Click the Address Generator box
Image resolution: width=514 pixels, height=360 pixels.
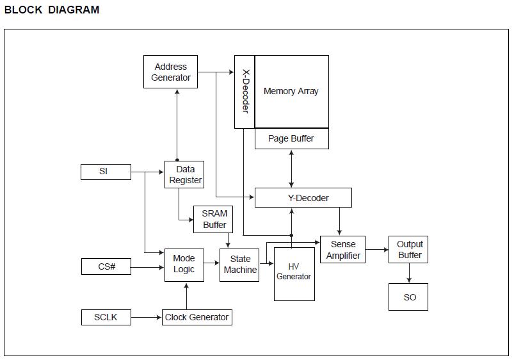click(x=170, y=72)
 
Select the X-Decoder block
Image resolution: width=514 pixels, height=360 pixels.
click(x=245, y=92)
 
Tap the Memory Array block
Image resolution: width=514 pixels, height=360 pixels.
click(x=291, y=92)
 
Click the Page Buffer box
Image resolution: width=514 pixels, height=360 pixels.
click(x=291, y=139)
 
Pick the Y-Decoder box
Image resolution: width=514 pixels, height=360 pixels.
click(x=303, y=198)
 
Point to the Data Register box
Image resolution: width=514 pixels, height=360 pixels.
click(x=184, y=175)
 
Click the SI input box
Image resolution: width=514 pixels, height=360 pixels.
click(x=106, y=172)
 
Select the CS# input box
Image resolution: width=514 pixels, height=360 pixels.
click(x=106, y=266)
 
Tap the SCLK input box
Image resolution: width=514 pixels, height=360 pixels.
click(x=106, y=317)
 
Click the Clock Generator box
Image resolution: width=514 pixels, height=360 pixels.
click(x=197, y=317)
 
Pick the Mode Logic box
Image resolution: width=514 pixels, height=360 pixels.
click(x=184, y=264)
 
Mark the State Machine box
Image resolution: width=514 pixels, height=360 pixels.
click(x=240, y=264)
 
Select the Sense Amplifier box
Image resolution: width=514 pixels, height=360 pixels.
click(x=343, y=250)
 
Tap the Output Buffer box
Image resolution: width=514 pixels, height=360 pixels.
click(x=410, y=250)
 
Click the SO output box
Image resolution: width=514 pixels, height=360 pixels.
click(x=410, y=297)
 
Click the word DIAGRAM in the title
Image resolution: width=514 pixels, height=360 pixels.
click(x=74, y=10)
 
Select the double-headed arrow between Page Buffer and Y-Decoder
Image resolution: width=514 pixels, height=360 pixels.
click(x=292, y=168)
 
